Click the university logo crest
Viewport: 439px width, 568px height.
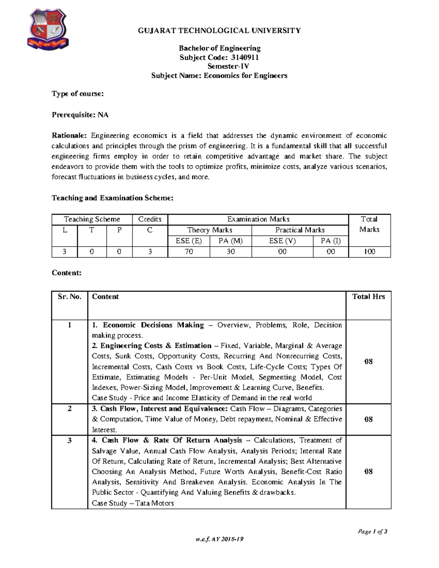pos(47,29)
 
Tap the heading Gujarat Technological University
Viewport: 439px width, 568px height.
pos(219,31)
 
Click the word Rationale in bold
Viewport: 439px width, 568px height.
pos(69,136)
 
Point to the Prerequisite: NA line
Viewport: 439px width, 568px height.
pos(80,115)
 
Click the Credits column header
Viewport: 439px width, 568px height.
pos(150,219)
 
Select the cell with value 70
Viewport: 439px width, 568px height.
pos(189,252)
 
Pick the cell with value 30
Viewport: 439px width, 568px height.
pos(230,252)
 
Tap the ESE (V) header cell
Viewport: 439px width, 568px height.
pos(282,241)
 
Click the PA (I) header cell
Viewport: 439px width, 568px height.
pos(330,241)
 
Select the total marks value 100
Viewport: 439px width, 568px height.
pos(369,252)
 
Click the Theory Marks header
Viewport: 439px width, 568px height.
pos(210,230)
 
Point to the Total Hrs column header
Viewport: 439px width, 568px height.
pos(368,297)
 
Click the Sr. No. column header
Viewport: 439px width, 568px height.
pos(70,297)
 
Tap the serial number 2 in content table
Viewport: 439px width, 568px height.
pos(70,409)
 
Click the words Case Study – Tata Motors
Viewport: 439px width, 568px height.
pos(133,503)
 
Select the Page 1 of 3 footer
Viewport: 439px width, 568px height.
pos(372,531)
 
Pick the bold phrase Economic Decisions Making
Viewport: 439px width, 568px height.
pos(153,325)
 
